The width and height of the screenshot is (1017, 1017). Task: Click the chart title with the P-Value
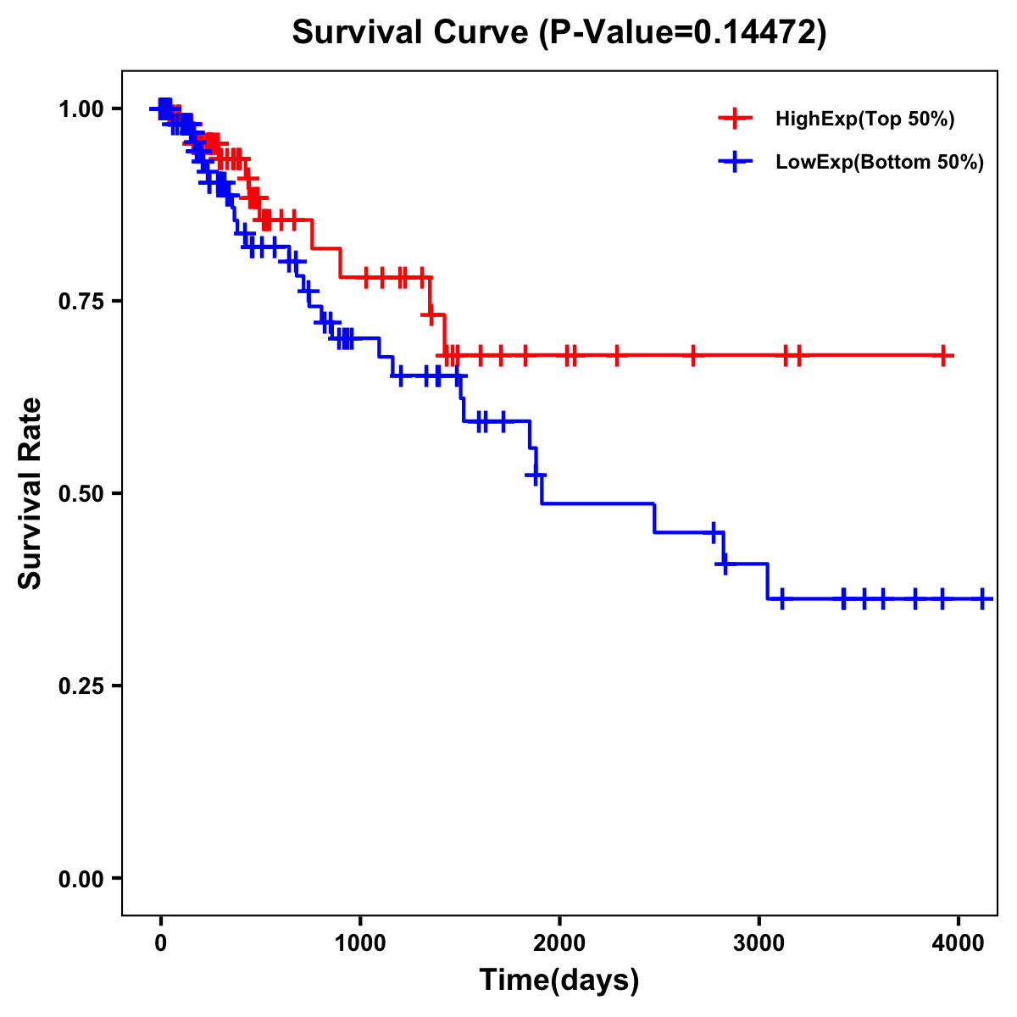coord(559,33)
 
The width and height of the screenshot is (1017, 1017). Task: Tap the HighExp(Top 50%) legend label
coord(865,119)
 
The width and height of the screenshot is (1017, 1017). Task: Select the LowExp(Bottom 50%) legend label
coord(880,162)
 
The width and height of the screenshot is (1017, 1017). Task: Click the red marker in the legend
coord(735,119)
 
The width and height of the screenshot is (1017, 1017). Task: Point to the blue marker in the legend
coord(735,162)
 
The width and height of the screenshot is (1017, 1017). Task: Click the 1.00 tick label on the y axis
coord(81,108)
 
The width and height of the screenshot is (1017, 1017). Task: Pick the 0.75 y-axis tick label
coord(81,301)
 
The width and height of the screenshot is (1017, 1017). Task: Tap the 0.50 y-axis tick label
coord(81,493)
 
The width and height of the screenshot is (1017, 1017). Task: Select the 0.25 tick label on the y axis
coord(81,686)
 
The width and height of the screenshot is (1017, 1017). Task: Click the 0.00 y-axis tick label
coord(81,878)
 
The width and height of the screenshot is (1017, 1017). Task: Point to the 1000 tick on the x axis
coord(360,941)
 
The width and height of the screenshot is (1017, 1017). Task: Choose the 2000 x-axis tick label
coord(559,941)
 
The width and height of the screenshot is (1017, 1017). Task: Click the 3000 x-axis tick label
coord(759,941)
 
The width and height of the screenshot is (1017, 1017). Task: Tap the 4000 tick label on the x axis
coord(959,941)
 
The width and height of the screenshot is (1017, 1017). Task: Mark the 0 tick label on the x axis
coord(161,941)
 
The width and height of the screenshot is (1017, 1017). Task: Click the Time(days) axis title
coord(559,981)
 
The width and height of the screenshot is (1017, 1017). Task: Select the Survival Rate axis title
coord(31,493)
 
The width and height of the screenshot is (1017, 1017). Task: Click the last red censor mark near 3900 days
coord(943,356)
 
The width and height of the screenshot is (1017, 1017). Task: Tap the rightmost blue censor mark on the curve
coord(982,598)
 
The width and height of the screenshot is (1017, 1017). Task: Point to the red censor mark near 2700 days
coord(693,356)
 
